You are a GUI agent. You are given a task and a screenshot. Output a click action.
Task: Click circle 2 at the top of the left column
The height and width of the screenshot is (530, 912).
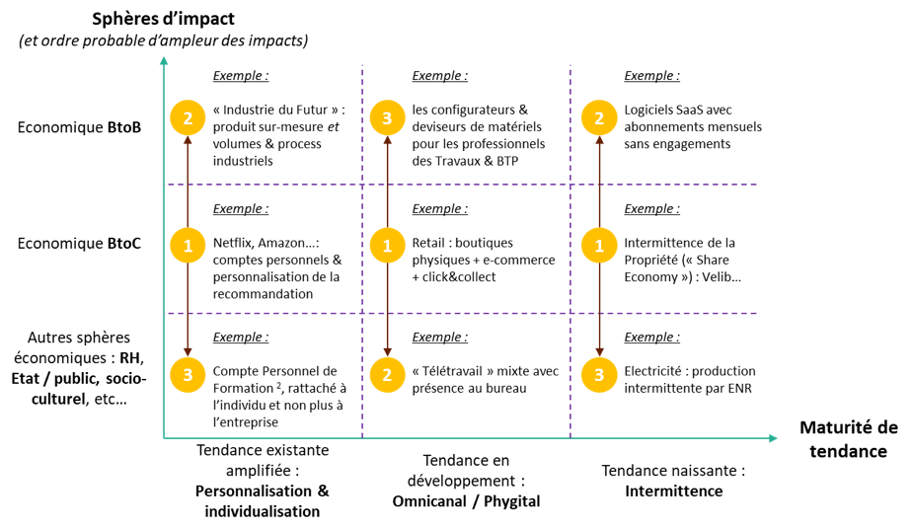(188, 118)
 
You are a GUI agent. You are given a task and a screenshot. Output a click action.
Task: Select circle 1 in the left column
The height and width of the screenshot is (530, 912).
(188, 245)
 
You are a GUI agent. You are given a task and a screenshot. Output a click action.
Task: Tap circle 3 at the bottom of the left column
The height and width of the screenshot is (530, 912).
(188, 375)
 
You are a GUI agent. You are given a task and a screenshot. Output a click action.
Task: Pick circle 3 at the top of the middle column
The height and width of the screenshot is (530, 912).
(387, 118)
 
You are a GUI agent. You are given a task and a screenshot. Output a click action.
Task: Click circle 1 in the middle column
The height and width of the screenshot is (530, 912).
(387, 245)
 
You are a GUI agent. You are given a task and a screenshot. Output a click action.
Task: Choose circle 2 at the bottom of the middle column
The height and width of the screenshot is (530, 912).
(387, 375)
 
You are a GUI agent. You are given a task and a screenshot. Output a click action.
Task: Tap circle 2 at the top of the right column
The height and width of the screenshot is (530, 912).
(599, 118)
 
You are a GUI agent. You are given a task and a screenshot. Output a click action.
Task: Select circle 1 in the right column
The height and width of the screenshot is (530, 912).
(599, 245)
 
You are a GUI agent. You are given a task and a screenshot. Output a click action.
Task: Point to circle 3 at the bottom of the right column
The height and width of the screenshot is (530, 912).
(599, 375)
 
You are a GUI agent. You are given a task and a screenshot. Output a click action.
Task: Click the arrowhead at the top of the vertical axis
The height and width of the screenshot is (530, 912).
(164, 61)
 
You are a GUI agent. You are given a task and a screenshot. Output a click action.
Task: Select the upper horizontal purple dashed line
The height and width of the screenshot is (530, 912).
(474, 185)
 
